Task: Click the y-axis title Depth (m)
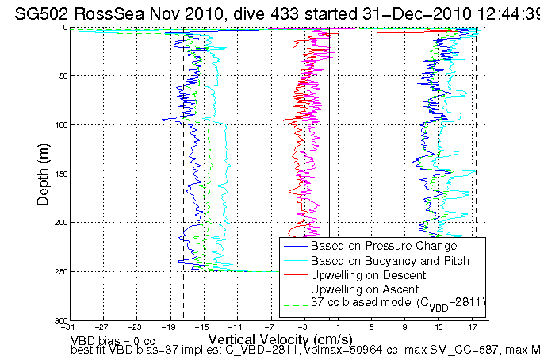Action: click(x=44, y=173)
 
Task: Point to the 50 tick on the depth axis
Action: click(x=61, y=76)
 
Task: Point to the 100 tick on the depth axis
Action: click(x=59, y=125)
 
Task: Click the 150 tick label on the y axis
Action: click(x=59, y=174)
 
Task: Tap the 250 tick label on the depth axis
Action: click(x=59, y=271)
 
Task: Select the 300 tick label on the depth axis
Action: click(x=59, y=320)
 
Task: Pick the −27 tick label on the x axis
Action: click(x=103, y=327)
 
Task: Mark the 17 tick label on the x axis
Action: click(x=472, y=327)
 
